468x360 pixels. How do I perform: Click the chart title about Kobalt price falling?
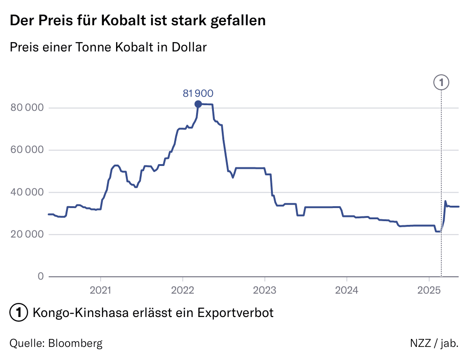pyautogui.click(x=138, y=21)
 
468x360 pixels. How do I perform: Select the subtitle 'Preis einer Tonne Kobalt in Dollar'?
pyautogui.click(x=108, y=47)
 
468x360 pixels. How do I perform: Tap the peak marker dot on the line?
pyautogui.click(x=198, y=104)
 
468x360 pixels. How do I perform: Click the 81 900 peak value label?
pyautogui.click(x=198, y=94)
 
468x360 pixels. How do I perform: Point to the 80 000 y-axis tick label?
pyautogui.click(x=27, y=108)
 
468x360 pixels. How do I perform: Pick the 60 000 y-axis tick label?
pyautogui.click(x=27, y=150)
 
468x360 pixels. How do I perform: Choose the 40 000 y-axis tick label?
pyautogui.click(x=27, y=192)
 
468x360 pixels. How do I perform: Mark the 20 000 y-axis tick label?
pyautogui.click(x=27, y=234)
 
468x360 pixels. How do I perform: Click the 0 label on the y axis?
pyautogui.click(x=40, y=276)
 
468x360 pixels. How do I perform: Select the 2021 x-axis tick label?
pyautogui.click(x=101, y=290)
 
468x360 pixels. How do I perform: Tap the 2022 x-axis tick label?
pyautogui.click(x=183, y=290)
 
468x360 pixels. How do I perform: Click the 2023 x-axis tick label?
pyautogui.click(x=264, y=290)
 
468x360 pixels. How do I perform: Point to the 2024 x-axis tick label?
pyautogui.click(x=347, y=290)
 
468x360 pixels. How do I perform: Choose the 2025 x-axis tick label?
pyautogui.click(x=429, y=290)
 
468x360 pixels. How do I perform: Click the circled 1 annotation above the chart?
pyautogui.click(x=441, y=82)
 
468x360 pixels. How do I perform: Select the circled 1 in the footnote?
pyautogui.click(x=18, y=312)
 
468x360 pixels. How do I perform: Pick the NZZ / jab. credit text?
pyautogui.click(x=434, y=343)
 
